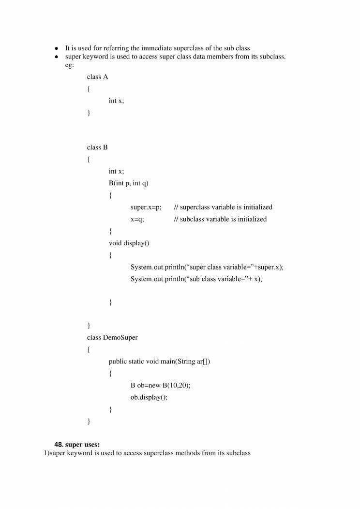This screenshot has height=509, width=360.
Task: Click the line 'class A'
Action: (x=97, y=77)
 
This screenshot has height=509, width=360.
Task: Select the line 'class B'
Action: (x=97, y=148)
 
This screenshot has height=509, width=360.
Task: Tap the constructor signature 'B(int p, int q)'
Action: (x=129, y=183)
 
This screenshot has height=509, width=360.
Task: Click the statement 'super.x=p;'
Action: (x=146, y=207)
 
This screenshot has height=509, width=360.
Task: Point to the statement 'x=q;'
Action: (x=137, y=219)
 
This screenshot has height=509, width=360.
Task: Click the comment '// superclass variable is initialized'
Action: (x=223, y=207)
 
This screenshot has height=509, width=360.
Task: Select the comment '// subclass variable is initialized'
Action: (x=220, y=219)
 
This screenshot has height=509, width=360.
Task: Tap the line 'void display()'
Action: (x=129, y=243)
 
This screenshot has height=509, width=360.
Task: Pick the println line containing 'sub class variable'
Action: (x=196, y=279)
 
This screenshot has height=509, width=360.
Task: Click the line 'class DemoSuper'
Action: (x=112, y=338)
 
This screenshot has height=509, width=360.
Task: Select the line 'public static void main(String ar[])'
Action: (x=159, y=361)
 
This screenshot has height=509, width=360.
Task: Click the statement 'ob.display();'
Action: (x=149, y=397)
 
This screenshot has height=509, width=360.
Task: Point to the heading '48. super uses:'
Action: (x=77, y=444)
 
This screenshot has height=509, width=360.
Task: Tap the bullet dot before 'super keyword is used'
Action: (x=57, y=57)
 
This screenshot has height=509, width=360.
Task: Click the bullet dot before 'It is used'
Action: (x=57, y=49)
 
